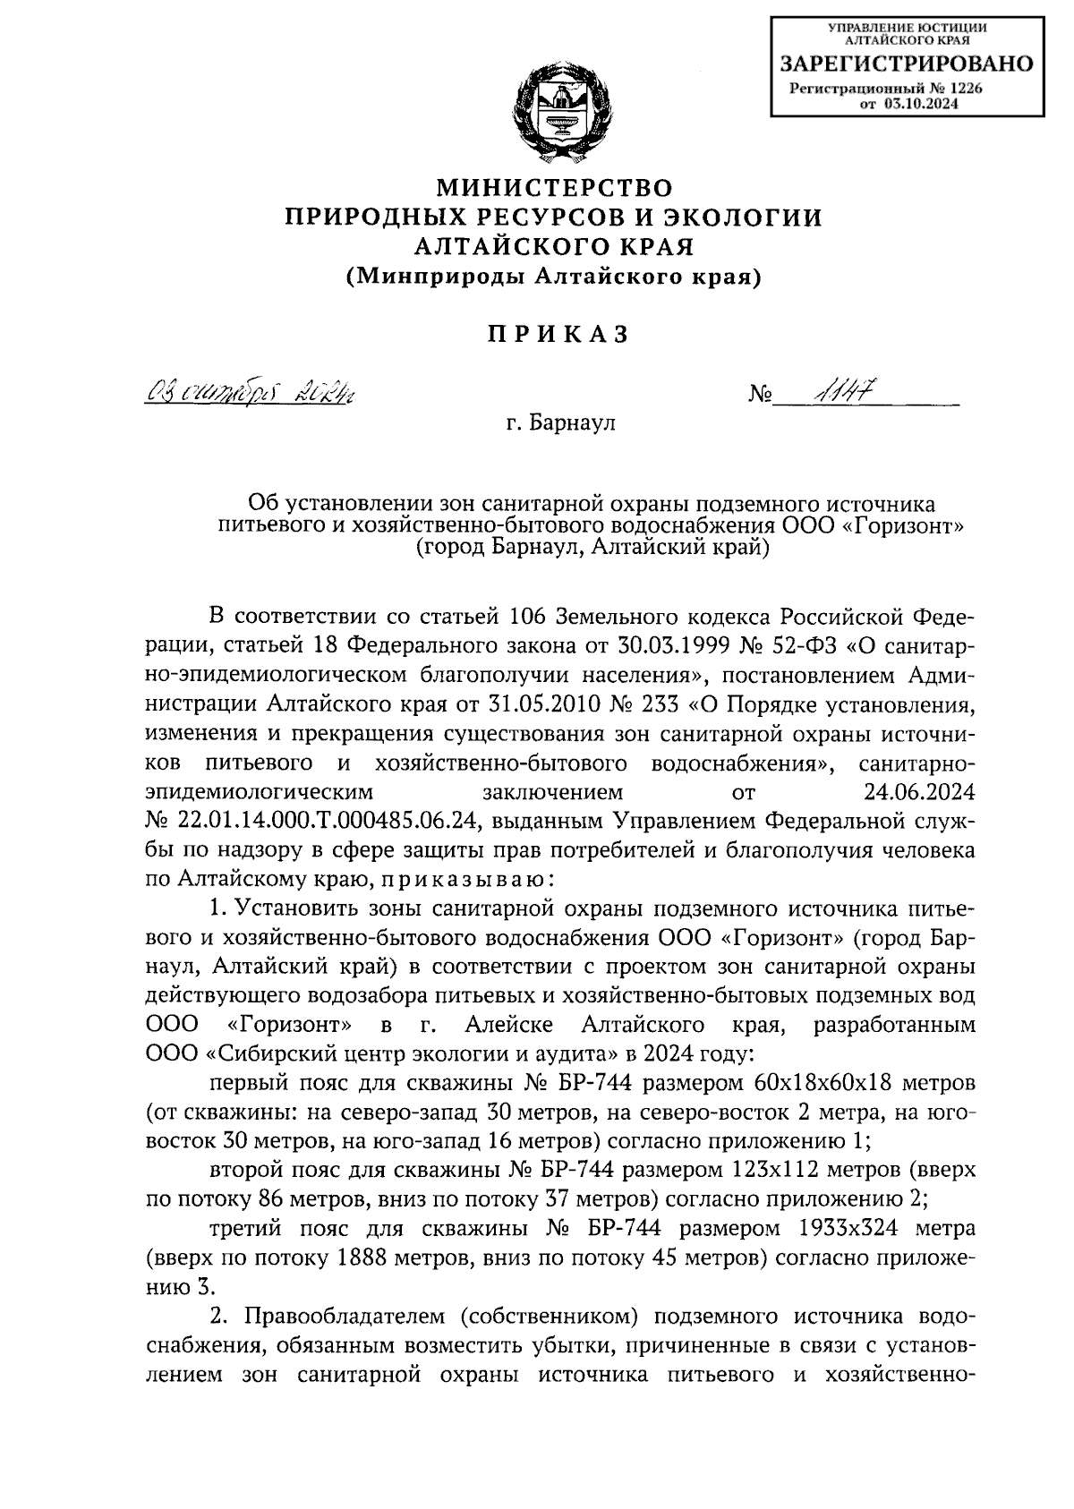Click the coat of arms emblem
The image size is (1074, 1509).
553,113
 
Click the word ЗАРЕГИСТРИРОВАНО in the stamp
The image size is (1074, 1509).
906,64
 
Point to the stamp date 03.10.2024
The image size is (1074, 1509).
922,104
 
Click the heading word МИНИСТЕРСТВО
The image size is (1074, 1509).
553,188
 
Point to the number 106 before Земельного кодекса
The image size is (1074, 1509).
528,618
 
